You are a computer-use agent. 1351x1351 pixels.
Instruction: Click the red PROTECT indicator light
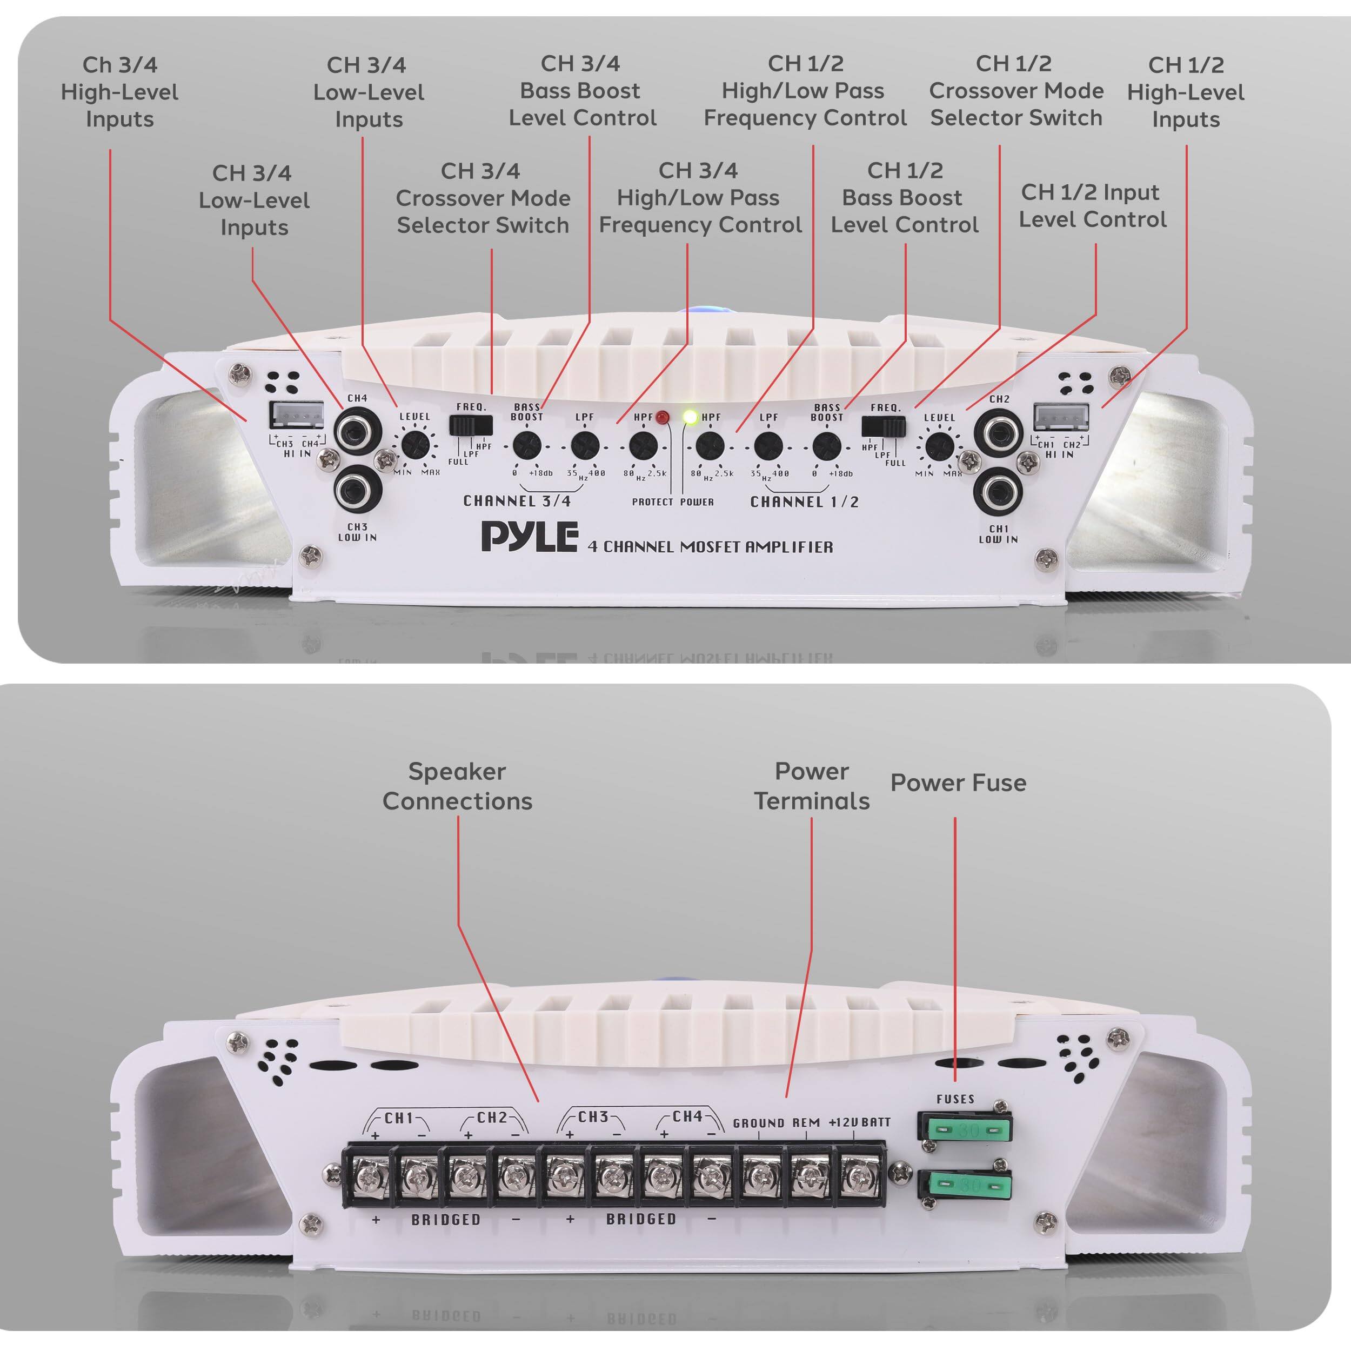click(661, 418)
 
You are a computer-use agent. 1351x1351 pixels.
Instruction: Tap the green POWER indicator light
click(690, 418)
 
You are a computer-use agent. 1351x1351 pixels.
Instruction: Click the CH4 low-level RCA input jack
click(357, 431)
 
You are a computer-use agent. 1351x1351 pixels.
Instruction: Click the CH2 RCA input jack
click(999, 432)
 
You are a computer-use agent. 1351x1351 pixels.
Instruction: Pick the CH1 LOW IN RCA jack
click(999, 492)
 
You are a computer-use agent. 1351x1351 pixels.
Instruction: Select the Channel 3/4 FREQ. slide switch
click(471, 425)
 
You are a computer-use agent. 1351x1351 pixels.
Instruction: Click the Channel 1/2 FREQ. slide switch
click(883, 426)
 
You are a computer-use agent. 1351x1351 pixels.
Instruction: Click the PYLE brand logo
click(530, 536)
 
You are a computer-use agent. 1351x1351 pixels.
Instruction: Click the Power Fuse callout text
click(958, 782)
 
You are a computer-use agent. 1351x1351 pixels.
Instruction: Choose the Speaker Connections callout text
click(457, 786)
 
